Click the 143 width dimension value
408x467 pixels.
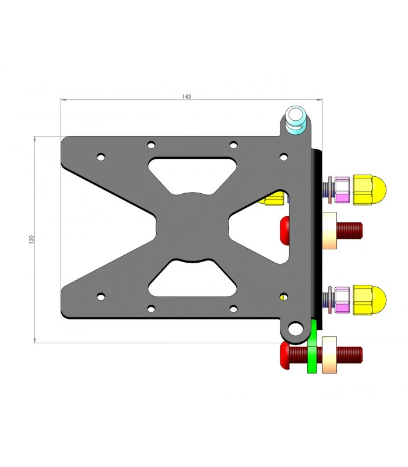[x=187, y=96]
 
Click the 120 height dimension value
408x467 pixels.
[x=31, y=239]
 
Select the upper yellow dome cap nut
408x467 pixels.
[x=370, y=190]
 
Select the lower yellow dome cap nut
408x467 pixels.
[x=370, y=300]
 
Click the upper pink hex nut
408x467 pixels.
[x=342, y=190]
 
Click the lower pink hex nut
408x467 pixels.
[x=342, y=300]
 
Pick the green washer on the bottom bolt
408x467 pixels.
[x=312, y=347]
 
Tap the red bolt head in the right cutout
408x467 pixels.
[x=284, y=231]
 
